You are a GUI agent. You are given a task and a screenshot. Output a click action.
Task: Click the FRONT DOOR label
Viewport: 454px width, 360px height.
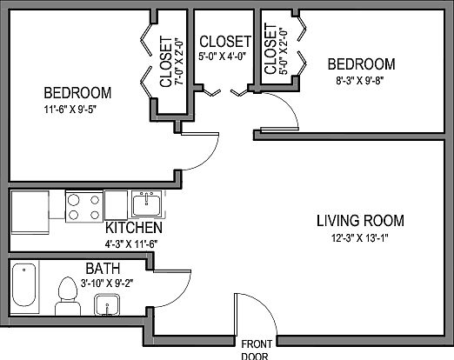(x=257, y=350)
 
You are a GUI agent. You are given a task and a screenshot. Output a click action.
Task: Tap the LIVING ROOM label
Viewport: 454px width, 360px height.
(x=360, y=221)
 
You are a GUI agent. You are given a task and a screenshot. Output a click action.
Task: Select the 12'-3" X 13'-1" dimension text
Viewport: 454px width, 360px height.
(x=360, y=238)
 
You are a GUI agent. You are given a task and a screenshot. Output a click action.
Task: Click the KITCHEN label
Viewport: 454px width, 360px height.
(x=134, y=228)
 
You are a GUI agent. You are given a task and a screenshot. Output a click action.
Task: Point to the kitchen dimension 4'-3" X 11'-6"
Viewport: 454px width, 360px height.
(x=131, y=244)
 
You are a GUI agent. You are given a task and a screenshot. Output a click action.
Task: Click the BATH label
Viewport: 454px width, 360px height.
(x=103, y=269)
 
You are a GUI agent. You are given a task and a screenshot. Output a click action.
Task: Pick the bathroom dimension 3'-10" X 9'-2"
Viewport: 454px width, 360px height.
(x=107, y=283)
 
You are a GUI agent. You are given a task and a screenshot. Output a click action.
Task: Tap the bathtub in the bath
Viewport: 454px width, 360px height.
(x=24, y=285)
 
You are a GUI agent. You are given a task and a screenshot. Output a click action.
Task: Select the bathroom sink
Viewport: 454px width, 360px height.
(x=107, y=305)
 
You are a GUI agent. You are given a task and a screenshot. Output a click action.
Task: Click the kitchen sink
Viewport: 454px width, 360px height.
(x=146, y=204)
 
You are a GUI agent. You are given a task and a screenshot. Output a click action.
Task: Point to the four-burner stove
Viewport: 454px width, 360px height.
(x=84, y=207)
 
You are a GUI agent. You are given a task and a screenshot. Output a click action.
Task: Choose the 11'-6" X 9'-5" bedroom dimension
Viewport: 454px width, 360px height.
(x=70, y=110)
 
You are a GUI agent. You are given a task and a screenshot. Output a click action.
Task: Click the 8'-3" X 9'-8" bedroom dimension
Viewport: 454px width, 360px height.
(x=360, y=80)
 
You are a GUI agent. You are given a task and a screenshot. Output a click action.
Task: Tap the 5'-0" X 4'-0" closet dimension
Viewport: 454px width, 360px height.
(x=222, y=56)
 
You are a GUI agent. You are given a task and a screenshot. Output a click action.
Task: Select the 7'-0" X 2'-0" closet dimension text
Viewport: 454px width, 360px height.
(x=179, y=63)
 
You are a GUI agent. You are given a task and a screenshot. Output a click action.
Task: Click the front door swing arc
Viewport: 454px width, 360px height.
(x=263, y=307)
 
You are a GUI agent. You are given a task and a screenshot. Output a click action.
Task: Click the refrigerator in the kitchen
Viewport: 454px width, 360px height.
(x=30, y=212)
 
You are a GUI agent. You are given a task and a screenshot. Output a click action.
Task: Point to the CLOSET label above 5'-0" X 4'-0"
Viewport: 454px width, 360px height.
(x=225, y=42)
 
